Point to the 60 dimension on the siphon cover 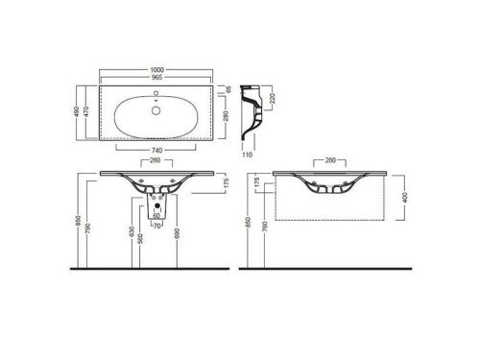(x=156, y=216)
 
